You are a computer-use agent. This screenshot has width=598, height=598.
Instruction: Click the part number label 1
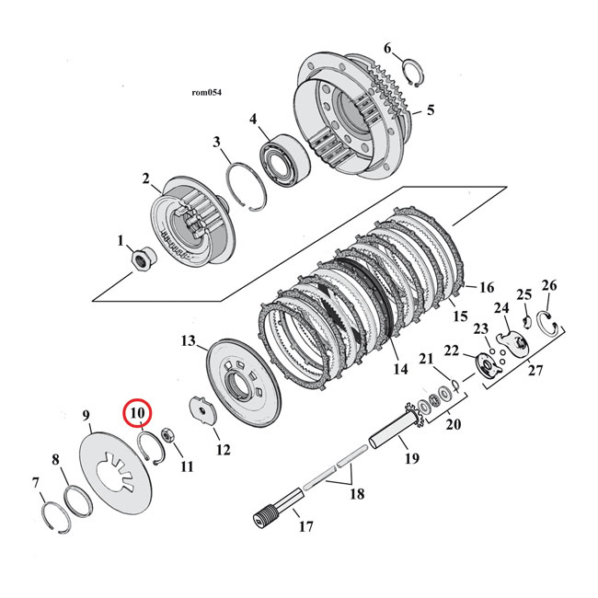120,241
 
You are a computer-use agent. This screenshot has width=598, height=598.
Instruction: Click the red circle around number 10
138,414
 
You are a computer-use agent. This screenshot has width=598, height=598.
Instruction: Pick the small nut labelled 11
169,434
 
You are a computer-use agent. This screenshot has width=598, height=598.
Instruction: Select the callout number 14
398,370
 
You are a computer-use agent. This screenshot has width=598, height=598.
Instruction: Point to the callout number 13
189,341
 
